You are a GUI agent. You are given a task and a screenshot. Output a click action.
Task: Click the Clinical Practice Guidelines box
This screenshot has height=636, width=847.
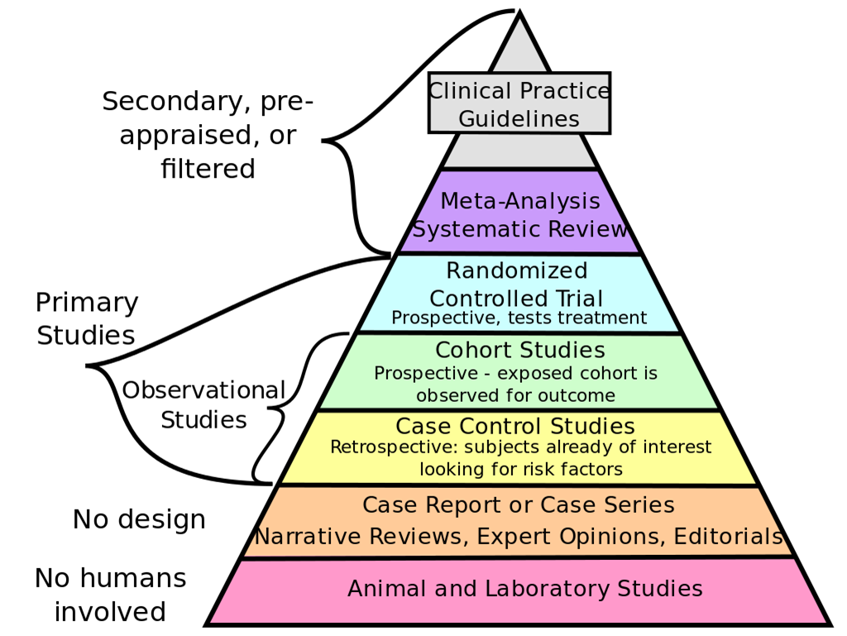(519, 103)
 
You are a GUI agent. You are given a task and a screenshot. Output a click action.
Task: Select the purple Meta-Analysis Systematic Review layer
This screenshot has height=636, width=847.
(519, 212)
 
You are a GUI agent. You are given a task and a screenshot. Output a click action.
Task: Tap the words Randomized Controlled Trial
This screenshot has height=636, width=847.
(516, 285)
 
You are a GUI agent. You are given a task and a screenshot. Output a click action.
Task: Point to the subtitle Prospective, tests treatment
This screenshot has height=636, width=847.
(519, 318)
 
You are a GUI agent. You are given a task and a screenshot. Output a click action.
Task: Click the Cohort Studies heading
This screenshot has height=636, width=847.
(520, 350)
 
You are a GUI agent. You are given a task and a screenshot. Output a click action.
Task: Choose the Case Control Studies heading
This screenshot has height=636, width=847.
(515, 426)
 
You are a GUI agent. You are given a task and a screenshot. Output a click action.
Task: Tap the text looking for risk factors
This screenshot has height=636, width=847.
(521, 469)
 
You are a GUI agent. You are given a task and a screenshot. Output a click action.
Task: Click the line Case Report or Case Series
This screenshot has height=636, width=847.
(519, 505)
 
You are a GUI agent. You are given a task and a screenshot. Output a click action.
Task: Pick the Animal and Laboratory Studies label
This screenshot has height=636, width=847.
(525, 589)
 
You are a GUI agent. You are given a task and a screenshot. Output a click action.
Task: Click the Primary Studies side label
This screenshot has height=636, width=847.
(86, 318)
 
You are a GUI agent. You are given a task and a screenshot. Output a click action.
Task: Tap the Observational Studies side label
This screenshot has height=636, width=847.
(203, 405)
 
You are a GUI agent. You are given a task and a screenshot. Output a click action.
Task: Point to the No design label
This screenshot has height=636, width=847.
(139, 519)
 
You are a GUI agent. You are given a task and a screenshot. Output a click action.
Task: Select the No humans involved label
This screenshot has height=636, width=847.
(110, 595)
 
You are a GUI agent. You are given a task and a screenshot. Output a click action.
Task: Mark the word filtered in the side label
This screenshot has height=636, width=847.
(208, 169)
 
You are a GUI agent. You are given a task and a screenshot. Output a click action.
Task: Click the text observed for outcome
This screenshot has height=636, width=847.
(516, 395)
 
